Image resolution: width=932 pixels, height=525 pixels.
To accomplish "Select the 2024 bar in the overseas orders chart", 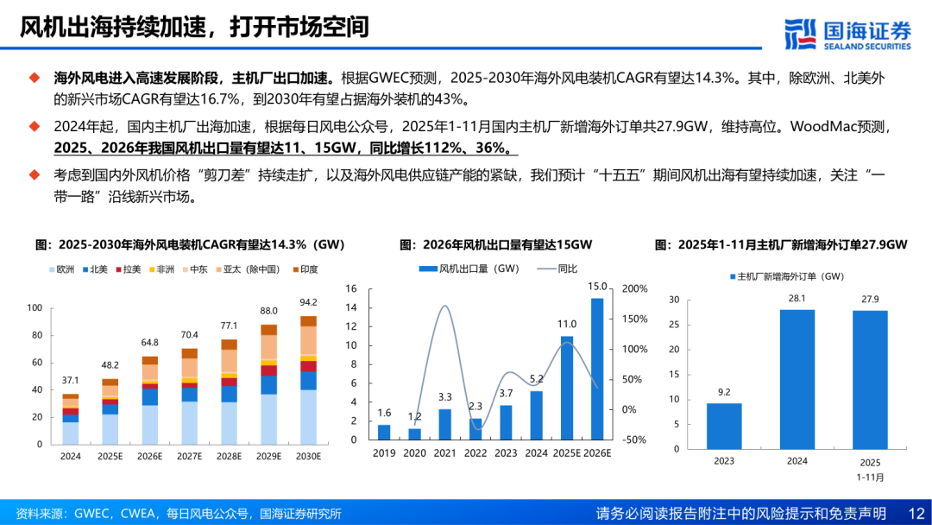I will tap(797, 379).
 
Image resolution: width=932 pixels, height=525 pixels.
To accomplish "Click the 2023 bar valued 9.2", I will tap(724, 426).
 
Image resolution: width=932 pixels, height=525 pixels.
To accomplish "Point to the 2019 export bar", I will tap(384, 432).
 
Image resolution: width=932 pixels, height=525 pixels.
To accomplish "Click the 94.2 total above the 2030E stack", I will tap(308, 303).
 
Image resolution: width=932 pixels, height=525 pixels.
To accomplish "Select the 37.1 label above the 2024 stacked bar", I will tap(71, 380).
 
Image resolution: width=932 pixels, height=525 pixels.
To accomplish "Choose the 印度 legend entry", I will tap(303, 269).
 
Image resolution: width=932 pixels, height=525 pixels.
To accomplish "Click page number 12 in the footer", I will tap(916, 513).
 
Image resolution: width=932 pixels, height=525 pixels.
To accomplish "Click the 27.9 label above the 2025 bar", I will tap(869, 299).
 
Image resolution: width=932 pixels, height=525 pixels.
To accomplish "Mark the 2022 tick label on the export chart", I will tap(475, 452).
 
